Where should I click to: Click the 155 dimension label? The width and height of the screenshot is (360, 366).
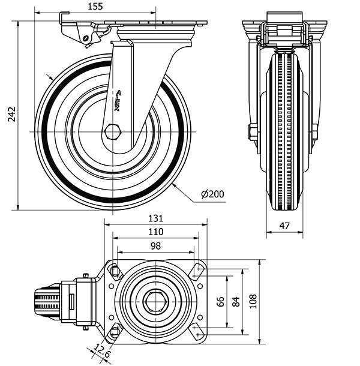[x=95, y=7]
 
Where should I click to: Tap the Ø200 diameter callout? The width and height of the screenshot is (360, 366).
[x=212, y=194]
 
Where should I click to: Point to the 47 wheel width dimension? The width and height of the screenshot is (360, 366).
[x=285, y=226]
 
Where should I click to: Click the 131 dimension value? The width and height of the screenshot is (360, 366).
[x=155, y=218]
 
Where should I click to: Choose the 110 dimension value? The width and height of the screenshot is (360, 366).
[x=155, y=232]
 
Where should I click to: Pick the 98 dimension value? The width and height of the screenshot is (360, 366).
[x=155, y=245]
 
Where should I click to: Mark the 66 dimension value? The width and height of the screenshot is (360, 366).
[x=220, y=302]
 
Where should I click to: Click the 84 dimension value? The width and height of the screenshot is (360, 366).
[x=236, y=302]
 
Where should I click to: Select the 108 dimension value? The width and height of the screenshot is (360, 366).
[x=252, y=302]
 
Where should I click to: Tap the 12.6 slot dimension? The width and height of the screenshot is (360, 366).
[x=103, y=350]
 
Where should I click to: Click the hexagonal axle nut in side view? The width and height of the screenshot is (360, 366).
[x=112, y=131]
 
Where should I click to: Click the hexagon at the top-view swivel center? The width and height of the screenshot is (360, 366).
[x=156, y=302]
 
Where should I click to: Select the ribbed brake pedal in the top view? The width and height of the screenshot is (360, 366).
[x=48, y=302]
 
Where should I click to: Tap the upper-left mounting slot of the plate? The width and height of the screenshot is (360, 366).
[x=115, y=272]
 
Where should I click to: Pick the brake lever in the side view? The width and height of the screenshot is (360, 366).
[x=81, y=33]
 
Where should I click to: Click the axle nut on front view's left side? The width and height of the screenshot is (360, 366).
[x=253, y=131]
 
